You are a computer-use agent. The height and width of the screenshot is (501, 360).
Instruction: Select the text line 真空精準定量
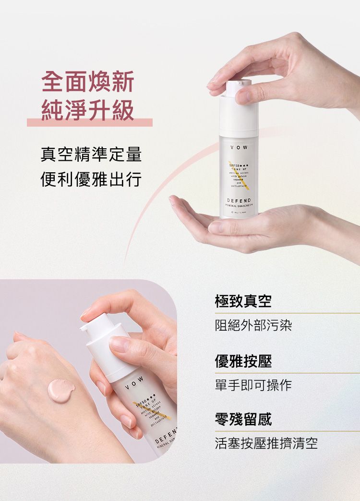pos(91,155)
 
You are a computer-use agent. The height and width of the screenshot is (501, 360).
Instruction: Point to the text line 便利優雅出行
pos(91,180)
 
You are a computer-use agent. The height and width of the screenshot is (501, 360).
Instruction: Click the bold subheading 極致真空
pos(243,301)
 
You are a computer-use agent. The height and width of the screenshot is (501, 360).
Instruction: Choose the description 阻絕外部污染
pos(253,326)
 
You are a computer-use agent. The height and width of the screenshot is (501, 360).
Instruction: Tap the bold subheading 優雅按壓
pos(243,361)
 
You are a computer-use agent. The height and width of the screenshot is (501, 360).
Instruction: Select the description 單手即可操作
pos(253,385)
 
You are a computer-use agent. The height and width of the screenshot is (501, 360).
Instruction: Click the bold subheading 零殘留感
pos(243,419)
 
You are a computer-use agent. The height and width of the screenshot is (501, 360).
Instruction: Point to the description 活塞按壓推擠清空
pos(266,444)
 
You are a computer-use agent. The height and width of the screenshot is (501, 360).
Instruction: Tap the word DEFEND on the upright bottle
pos(239,199)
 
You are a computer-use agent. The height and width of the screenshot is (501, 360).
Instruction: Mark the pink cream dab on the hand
pos(61,389)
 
